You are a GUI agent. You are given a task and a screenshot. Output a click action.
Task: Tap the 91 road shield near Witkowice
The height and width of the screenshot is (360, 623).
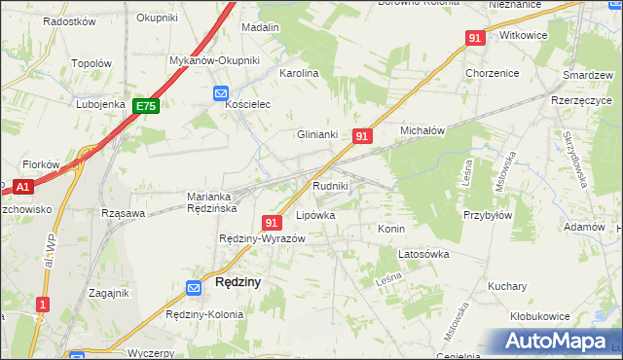(x=475, y=37)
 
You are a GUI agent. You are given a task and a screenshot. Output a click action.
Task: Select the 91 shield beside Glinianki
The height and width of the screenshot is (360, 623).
(x=361, y=137)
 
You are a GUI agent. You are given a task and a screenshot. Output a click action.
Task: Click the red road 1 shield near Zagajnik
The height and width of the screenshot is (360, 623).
(x=41, y=305)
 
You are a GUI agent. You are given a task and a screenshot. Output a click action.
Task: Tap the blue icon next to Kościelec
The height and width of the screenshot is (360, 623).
(x=220, y=93)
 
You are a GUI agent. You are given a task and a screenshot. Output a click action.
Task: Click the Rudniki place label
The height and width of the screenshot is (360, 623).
(x=331, y=185)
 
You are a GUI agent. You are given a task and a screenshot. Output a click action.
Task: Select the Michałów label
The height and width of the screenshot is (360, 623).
(x=422, y=129)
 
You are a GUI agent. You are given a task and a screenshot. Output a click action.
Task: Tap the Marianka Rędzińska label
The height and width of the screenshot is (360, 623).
(x=212, y=201)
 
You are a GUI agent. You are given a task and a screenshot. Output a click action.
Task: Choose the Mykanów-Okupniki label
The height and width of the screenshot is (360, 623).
(x=215, y=60)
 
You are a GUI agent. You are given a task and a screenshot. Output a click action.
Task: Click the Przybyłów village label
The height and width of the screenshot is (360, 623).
(x=488, y=216)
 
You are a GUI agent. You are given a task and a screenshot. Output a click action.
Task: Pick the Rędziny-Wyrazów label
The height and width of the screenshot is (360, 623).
(x=263, y=239)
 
